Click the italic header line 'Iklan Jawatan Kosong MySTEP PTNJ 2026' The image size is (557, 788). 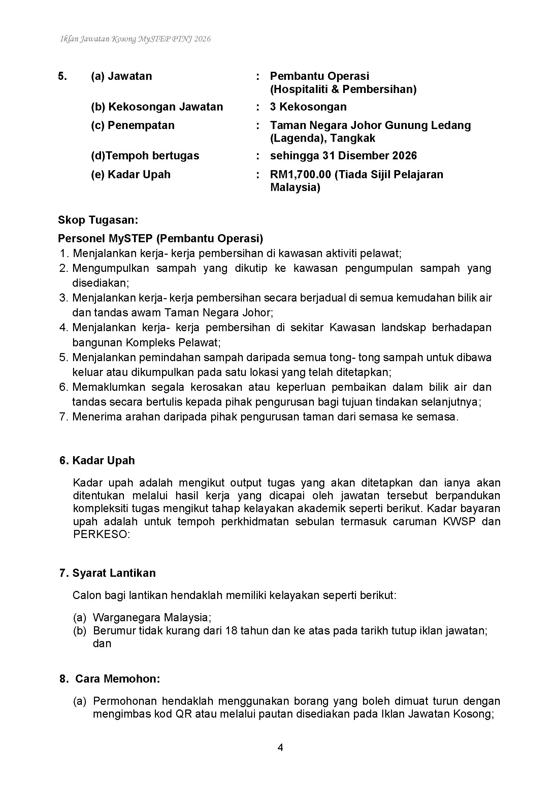coord(135,39)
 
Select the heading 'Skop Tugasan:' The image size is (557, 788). coord(98,220)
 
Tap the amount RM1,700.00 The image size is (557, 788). coord(300,175)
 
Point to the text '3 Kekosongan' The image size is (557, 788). coord(308,107)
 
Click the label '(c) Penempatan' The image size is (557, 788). coord(132,125)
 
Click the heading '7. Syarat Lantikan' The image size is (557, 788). coord(107,573)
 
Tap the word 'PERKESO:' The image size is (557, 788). coord(101,535)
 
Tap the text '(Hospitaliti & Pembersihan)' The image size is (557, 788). coord(343,89)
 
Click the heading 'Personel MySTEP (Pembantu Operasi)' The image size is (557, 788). coord(160,239)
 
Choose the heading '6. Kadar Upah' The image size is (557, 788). coord(97,461)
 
